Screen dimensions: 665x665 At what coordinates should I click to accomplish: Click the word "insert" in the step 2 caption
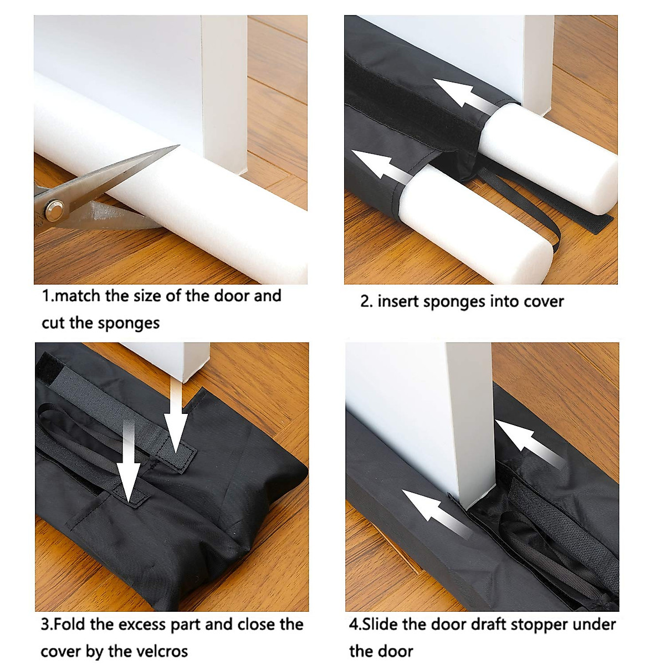398,302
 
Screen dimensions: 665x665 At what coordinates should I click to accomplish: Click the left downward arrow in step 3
129,460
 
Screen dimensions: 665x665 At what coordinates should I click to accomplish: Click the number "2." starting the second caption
366,302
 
